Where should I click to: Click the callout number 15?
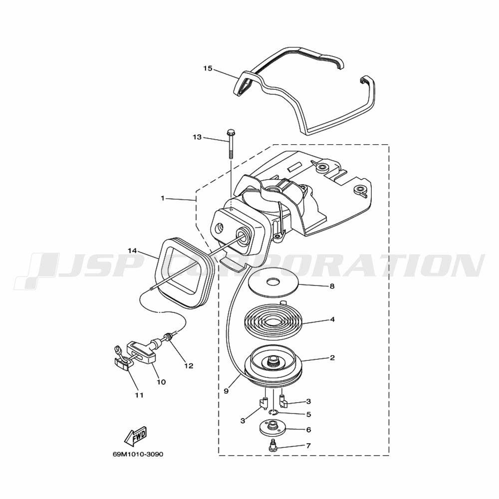point(208,68)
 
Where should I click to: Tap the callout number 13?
point(197,137)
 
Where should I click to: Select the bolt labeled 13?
point(230,144)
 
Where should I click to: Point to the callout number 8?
point(332,286)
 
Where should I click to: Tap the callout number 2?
point(332,358)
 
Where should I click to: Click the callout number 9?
point(226,391)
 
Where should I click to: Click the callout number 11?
point(139,395)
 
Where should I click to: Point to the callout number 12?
point(189,366)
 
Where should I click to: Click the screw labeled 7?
point(272,445)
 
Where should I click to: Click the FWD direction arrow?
point(135,436)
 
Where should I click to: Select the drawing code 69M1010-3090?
point(138,454)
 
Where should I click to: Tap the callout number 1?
point(163,198)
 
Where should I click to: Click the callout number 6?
point(308,430)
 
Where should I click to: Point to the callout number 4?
point(332,319)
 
